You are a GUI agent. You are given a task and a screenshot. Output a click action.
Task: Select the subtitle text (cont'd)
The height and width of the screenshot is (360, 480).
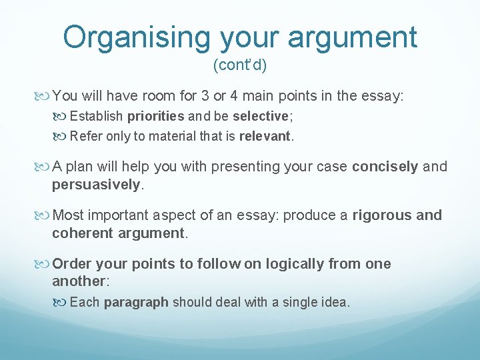239,65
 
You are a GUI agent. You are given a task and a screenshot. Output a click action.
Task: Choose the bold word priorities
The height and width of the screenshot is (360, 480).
155,117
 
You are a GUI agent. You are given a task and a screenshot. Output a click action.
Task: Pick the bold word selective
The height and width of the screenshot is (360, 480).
259,117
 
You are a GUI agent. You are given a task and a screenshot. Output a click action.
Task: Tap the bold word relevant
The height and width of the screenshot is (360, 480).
265,137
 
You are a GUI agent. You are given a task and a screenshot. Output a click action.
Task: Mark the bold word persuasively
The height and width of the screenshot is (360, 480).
97,183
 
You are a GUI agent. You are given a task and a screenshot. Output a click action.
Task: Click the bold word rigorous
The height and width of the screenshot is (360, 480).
381,215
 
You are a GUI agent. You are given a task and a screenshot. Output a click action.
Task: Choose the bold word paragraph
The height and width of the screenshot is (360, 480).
136,302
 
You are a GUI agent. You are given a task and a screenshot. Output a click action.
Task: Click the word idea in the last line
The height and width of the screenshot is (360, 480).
333,302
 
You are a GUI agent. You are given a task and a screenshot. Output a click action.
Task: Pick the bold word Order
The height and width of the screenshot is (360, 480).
71,263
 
